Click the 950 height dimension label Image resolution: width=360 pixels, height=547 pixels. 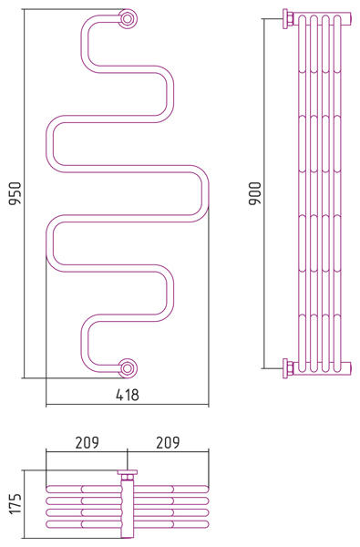[15, 193]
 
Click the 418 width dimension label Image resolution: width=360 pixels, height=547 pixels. [127, 395]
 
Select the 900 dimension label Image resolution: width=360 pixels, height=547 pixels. [255, 193]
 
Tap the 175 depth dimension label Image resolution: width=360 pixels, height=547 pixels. [15, 503]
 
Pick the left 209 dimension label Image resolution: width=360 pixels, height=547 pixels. [87, 442]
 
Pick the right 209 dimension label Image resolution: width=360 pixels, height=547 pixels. [168, 442]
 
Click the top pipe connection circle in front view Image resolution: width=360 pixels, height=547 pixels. [128, 18]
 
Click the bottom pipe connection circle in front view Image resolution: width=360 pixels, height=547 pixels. [128, 368]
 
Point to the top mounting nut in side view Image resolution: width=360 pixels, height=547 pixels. [287, 19]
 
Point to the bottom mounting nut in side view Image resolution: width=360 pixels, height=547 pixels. [287, 368]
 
